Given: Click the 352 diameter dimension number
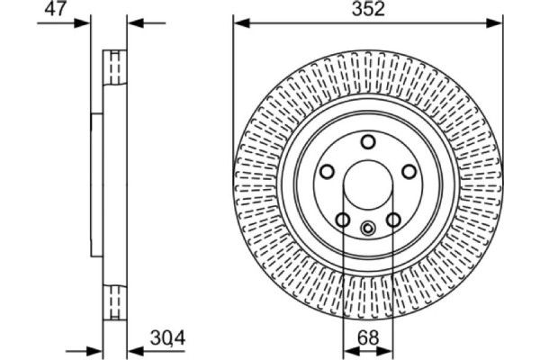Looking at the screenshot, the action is (x=368, y=9).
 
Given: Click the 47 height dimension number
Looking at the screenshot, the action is (x=55, y=9).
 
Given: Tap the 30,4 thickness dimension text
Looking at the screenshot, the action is (x=167, y=338).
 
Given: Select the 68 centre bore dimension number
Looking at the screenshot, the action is (x=368, y=337).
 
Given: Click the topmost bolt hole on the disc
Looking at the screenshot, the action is (x=368, y=141).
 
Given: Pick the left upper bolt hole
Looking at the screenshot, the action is (x=327, y=171).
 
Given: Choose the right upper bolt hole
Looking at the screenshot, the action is (x=409, y=171).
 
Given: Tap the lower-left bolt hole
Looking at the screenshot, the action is (x=343, y=220).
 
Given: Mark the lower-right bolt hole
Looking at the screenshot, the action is (x=393, y=220).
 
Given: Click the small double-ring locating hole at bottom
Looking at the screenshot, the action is (x=368, y=228).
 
